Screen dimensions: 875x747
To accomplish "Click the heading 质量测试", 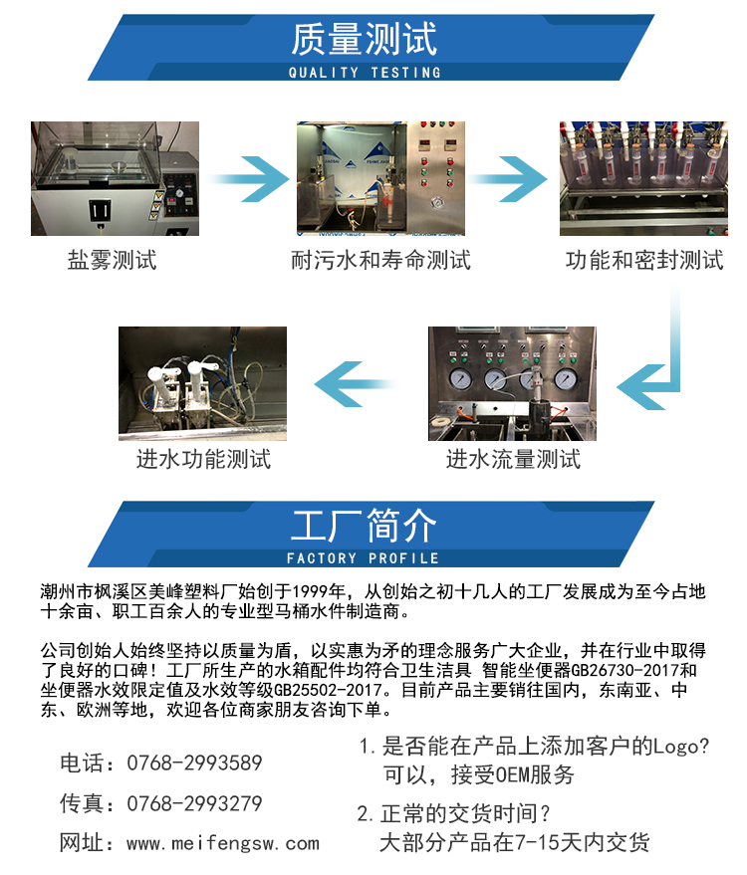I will pyautogui.click(x=364, y=41).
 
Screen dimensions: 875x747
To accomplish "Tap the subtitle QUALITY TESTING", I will pyautogui.click(x=364, y=73).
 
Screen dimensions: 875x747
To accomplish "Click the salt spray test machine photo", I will pyautogui.click(x=115, y=178).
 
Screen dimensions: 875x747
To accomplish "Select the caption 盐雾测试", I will pyautogui.click(x=113, y=262).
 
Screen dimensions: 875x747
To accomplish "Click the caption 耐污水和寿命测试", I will pyautogui.click(x=380, y=262).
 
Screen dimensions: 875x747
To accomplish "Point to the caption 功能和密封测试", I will pyautogui.click(x=644, y=262).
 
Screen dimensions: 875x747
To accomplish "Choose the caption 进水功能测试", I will pyautogui.click(x=203, y=460).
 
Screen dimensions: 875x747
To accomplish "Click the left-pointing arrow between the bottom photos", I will pyautogui.click(x=356, y=384).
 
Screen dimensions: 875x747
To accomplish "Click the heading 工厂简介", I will pyautogui.click(x=364, y=526).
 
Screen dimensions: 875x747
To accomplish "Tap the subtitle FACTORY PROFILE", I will pyautogui.click(x=364, y=558).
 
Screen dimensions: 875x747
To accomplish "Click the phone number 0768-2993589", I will pyautogui.click(x=194, y=764).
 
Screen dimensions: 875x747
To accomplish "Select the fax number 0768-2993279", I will pyautogui.click(x=194, y=803).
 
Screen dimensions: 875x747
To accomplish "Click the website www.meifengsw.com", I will pyautogui.click(x=223, y=844).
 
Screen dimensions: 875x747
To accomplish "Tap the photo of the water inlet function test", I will pyautogui.click(x=203, y=383).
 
